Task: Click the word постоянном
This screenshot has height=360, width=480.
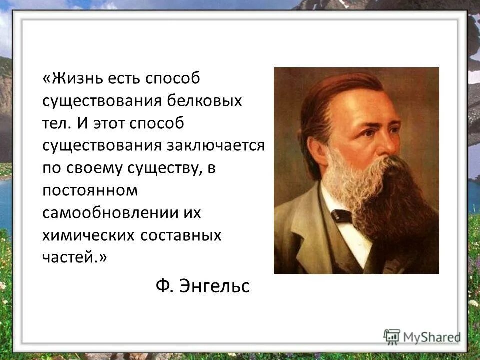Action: pyautogui.click(x=90, y=189)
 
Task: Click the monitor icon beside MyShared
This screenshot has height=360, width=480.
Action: pyautogui.click(x=392, y=336)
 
